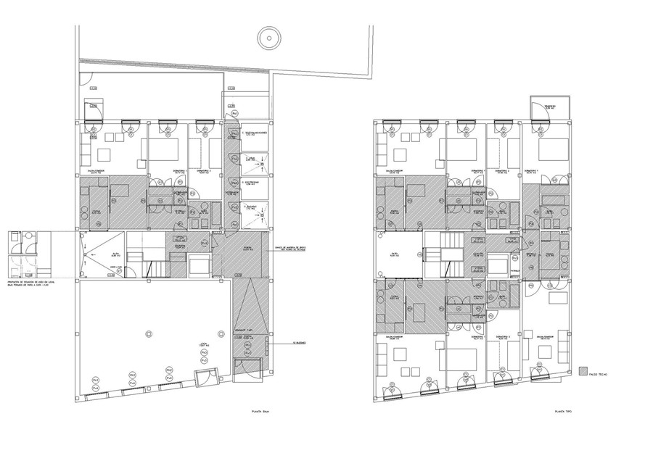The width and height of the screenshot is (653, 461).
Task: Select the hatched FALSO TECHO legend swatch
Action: tap(583, 371)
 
